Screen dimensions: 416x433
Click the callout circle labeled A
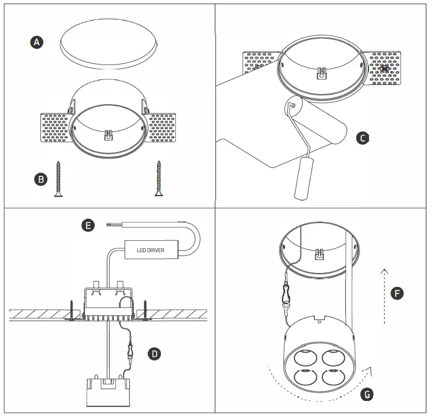36,42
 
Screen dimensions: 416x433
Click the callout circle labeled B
40,180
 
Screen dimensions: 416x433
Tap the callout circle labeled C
363,139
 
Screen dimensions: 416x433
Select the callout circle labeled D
154,353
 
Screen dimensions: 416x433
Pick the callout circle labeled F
396,293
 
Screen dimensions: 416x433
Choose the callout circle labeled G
366,395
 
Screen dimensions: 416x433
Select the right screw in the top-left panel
159,178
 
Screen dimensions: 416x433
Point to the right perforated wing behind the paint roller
384,68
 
